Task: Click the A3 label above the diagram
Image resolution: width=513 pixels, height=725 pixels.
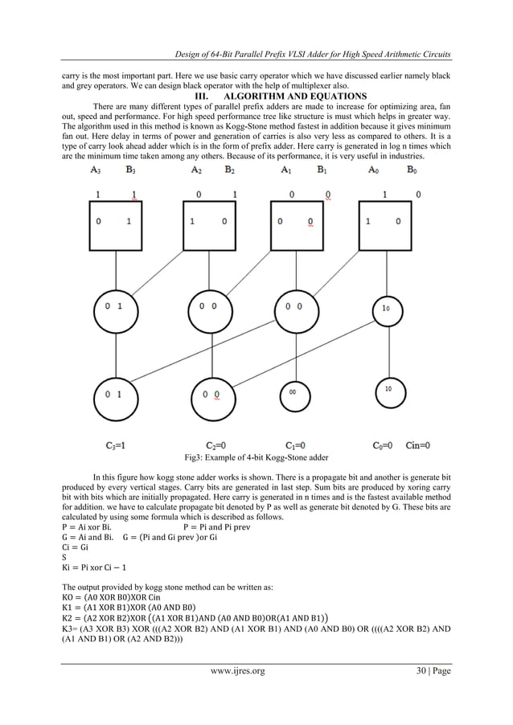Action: pos(96,170)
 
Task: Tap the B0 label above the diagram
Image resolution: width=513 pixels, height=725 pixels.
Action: pos(412,170)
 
